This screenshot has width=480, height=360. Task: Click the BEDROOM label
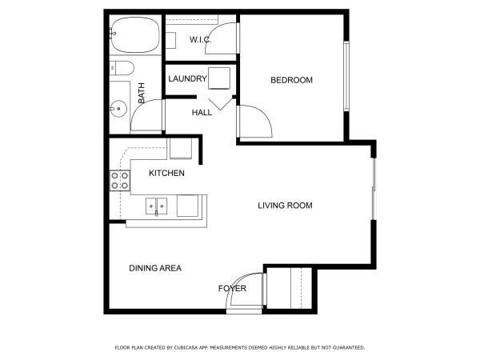pyautogui.click(x=291, y=80)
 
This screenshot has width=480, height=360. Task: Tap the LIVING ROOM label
pyautogui.click(x=285, y=206)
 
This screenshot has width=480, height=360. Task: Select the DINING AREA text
pyautogui.click(x=155, y=268)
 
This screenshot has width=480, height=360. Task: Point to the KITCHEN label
pyautogui.click(x=166, y=173)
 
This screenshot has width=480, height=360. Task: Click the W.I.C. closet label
pyautogui.click(x=200, y=39)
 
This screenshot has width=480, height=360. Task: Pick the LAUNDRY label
pyautogui.click(x=187, y=78)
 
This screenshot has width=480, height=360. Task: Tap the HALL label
pyautogui.click(x=202, y=112)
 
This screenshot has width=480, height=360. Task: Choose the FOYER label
pyautogui.click(x=232, y=288)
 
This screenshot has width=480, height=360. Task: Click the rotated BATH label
pyautogui.click(x=141, y=93)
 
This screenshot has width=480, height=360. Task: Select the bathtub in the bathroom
pyautogui.click(x=135, y=35)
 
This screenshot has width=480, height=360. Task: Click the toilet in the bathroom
pyautogui.click(x=122, y=68)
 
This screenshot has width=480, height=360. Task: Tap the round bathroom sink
pyautogui.click(x=118, y=109)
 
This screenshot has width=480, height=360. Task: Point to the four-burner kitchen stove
pyautogui.click(x=120, y=181)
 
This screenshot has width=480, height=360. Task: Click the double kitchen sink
pyautogui.click(x=157, y=206)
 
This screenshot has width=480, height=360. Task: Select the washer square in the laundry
pyautogui.click(x=219, y=78)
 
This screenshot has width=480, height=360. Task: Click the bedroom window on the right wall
pyautogui.click(x=346, y=76)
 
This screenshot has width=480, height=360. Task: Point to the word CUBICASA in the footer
pyautogui.click(x=186, y=347)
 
